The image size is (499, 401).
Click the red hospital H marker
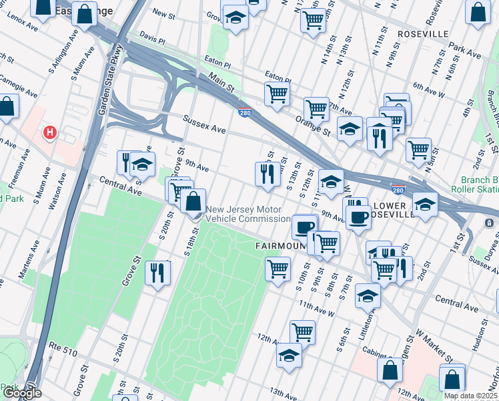[x=49, y=133]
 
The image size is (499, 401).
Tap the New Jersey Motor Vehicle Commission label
[x=247, y=214]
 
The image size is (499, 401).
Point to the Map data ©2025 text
[x=471, y=396]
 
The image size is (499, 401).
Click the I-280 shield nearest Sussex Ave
[x=245, y=113]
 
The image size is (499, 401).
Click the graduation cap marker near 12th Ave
[x=289, y=356]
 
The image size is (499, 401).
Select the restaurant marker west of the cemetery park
[x=157, y=273]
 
